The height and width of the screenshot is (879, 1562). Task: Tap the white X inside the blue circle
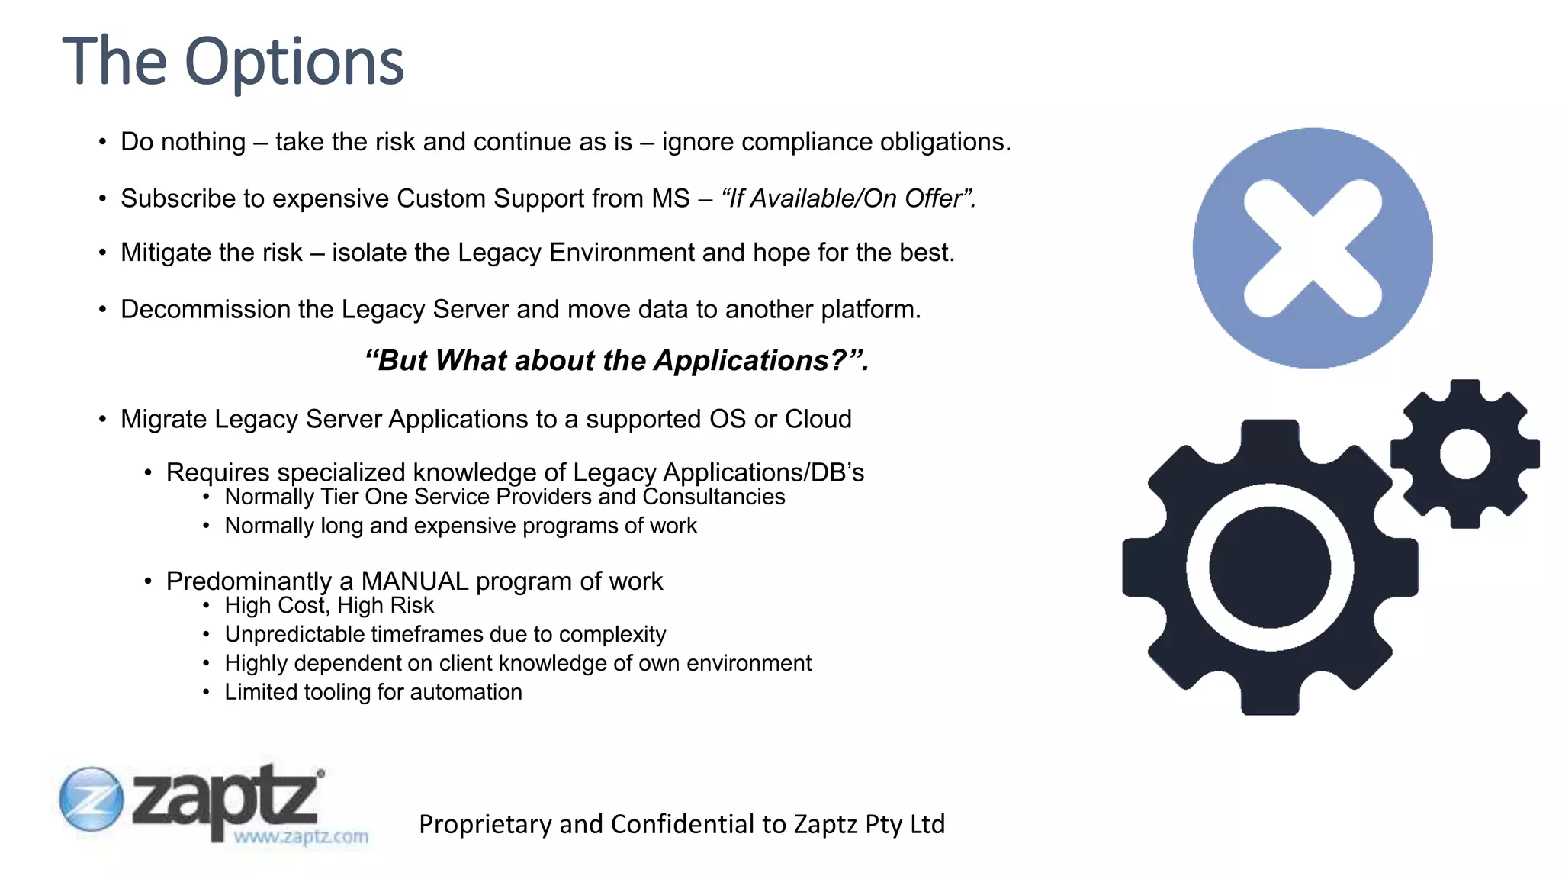(x=1313, y=248)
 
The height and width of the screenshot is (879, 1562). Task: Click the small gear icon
(x=1464, y=454)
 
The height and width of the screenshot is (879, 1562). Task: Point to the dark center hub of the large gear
(x=1270, y=568)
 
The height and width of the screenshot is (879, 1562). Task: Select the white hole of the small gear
(x=1464, y=454)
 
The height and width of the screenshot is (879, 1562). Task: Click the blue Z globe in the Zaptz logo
(x=92, y=799)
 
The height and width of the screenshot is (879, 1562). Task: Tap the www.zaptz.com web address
(x=301, y=836)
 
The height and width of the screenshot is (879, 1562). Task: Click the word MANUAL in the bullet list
(x=415, y=581)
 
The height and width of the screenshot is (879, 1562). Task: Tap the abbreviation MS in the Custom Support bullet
(x=670, y=198)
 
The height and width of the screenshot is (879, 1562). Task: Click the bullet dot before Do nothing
(x=102, y=142)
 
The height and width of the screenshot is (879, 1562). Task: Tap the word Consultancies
(x=713, y=497)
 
